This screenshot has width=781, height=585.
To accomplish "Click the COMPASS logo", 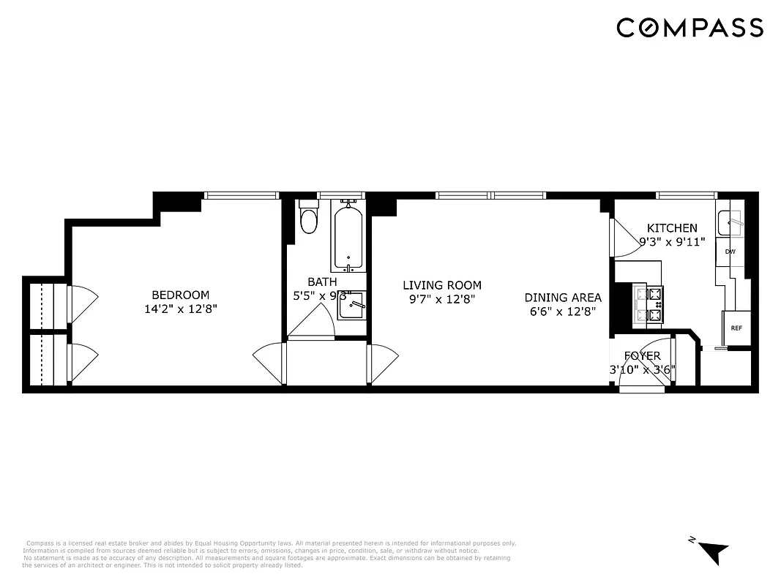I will click(x=690, y=28).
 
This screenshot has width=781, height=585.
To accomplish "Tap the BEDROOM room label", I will click(x=181, y=295).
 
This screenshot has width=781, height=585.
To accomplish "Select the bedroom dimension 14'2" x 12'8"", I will click(x=181, y=309).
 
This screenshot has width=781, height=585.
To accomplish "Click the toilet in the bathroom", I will click(x=309, y=219).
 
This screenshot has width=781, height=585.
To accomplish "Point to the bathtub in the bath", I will click(x=348, y=238).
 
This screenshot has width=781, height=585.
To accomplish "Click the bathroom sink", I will click(x=351, y=306).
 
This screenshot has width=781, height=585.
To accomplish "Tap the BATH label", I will click(x=322, y=282).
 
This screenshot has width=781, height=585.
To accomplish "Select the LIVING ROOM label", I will click(x=442, y=285).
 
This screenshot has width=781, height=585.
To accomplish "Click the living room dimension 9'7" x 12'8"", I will click(x=442, y=298).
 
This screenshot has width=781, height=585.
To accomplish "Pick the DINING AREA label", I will click(x=563, y=298).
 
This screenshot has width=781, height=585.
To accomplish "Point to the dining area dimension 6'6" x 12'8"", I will click(x=563, y=311).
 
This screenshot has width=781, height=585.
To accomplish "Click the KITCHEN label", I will click(x=672, y=228).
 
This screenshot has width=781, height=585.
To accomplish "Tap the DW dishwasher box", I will click(x=730, y=252).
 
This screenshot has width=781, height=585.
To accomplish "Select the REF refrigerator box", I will click(x=736, y=328).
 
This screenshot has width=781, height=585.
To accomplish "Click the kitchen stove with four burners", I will click(x=648, y=305).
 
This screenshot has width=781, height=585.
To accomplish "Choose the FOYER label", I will click(x=642, y=356).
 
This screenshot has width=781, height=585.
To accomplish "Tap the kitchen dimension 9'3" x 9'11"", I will click(x=672, y=241).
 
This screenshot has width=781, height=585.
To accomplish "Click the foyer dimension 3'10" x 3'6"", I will click(x=642, y=369).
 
